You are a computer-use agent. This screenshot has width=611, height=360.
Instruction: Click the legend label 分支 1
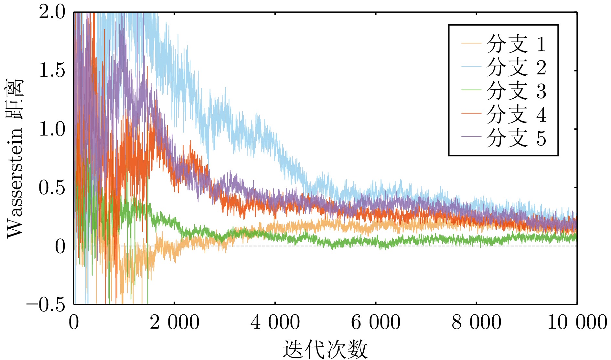coord(516,44)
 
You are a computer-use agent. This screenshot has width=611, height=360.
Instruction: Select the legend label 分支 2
coord(516,67)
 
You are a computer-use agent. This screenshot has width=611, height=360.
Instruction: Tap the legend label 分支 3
coord(516,91)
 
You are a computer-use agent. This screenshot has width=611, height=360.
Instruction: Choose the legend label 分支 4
coord(516,114)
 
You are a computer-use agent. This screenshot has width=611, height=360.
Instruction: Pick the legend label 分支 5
coord(516,138)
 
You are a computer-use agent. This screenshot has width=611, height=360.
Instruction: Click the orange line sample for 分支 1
coord(471,43)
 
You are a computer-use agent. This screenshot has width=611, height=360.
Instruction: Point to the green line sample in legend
coord(471,90)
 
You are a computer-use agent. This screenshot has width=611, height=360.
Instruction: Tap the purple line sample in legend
coord(471,137)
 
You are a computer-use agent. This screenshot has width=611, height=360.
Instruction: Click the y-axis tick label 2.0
coord(52,13)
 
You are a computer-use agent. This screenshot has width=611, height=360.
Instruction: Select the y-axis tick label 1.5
coord(52,70)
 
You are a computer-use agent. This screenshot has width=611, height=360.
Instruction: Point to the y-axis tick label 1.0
coord(52,129)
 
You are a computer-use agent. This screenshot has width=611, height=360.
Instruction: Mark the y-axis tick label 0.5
coord(52,188)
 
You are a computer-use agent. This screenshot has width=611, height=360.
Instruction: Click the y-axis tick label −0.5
coord(46,304)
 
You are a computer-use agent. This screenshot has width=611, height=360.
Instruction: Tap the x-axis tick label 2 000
coord(175,322)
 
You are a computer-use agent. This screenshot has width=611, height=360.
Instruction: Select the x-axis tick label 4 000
coord(275,322)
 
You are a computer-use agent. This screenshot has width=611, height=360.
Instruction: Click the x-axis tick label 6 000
coord(376,322)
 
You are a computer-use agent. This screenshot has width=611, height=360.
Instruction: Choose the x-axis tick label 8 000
coord(477,322)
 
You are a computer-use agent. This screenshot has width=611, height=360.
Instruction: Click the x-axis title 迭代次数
coord(325,349)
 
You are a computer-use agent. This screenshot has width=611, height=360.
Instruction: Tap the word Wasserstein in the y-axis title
coord(16,182)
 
